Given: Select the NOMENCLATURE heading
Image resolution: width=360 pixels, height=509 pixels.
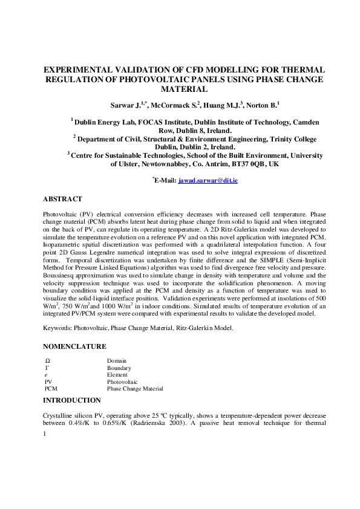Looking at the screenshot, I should point(74,346).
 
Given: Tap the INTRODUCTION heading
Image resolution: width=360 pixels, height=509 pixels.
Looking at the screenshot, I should point(72,400).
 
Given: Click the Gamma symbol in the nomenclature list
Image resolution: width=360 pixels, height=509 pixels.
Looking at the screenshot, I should point(47,368).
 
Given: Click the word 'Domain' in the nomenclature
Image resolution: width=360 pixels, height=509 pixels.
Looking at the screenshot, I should point(117,360).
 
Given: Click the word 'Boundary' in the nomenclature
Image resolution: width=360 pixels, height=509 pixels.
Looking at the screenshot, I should point(119,368).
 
